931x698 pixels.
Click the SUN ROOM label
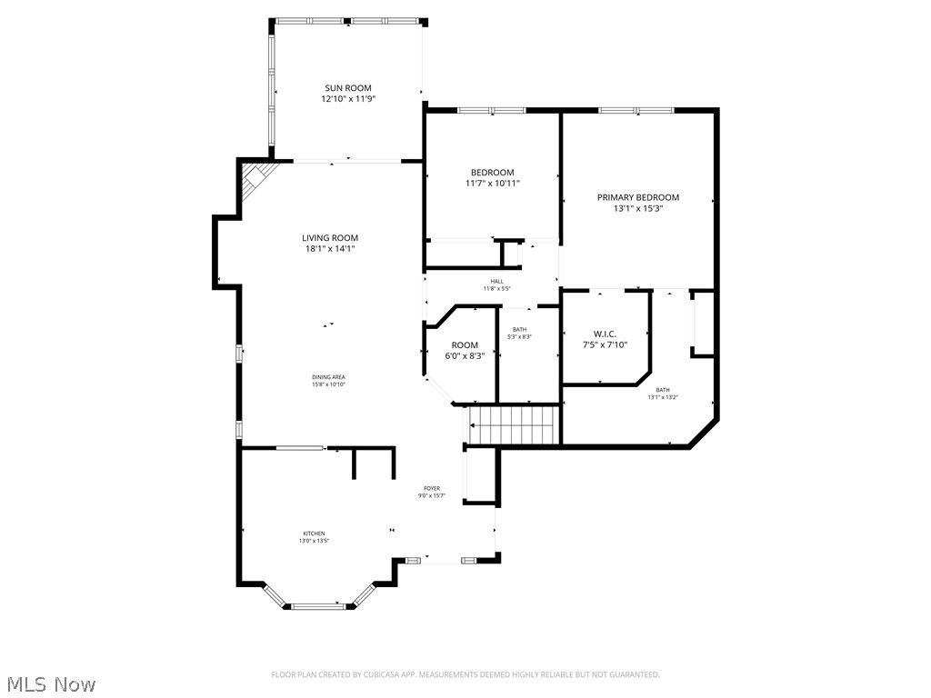(348, 88)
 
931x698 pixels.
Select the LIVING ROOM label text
(330, 238)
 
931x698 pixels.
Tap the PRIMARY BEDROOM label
(637, 197)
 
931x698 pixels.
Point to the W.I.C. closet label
(605, 334)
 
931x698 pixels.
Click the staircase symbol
(512, 425)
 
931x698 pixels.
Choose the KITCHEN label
(314, 533)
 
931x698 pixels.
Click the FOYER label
(431, 488)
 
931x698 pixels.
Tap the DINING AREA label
(330, 377)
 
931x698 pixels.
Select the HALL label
(496, 282)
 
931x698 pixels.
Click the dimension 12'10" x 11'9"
(348, 99)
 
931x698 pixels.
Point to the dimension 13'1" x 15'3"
(637, 208)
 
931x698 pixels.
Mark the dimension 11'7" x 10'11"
(492, 183)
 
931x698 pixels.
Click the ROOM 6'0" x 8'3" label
(465, 350)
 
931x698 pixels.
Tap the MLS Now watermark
(49, 683)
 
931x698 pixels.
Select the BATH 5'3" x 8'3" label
(519, 333)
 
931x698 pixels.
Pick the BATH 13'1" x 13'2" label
(663, 393)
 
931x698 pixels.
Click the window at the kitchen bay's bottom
(318, 604)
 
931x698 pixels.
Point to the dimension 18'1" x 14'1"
(330, 248)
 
